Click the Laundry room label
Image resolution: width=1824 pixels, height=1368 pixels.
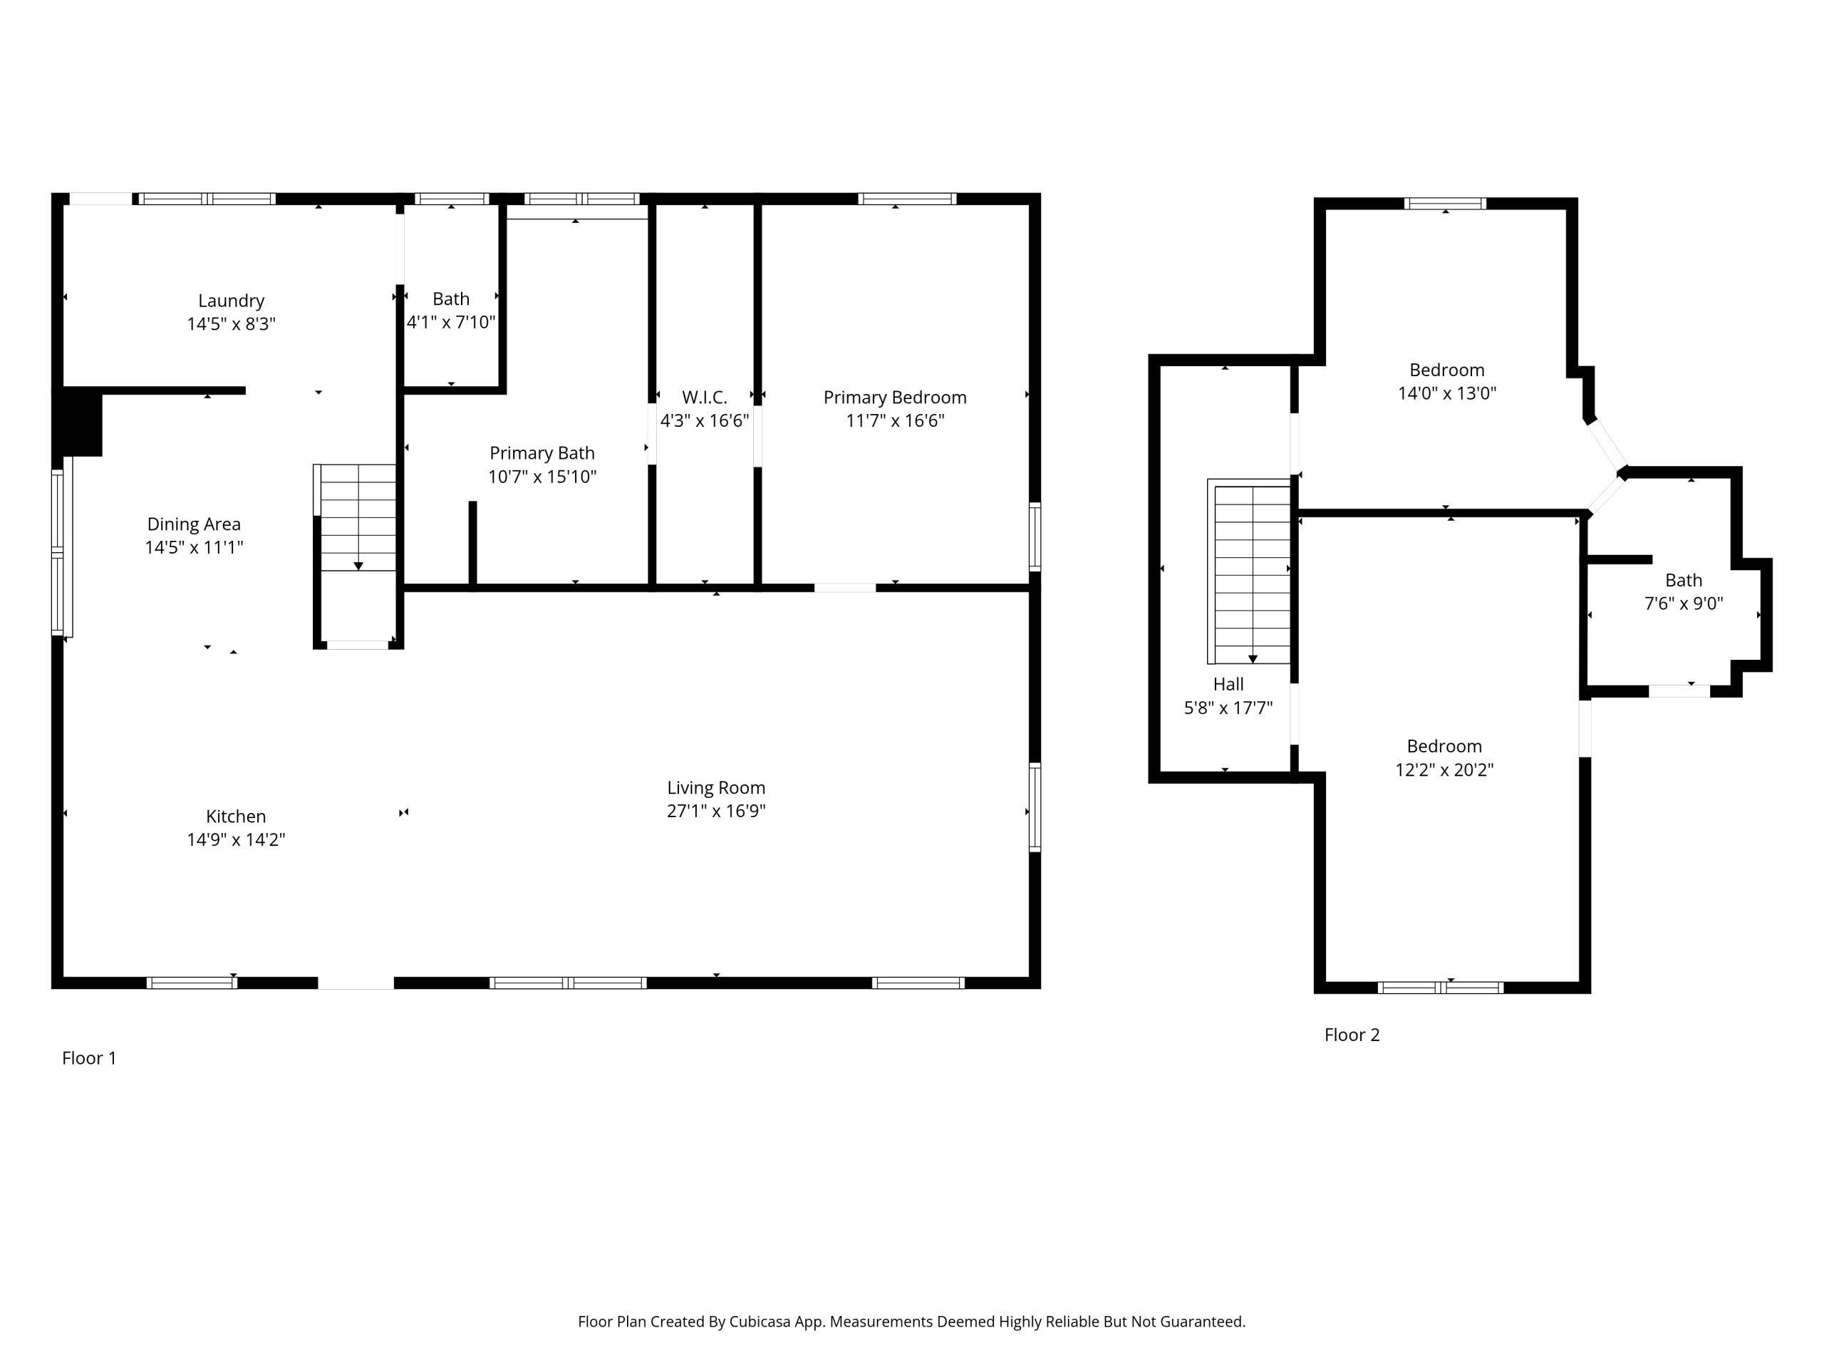231,301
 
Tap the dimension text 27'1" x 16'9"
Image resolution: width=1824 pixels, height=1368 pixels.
716,811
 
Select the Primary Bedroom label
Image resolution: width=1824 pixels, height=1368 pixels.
895,398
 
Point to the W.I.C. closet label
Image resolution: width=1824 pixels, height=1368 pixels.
704,398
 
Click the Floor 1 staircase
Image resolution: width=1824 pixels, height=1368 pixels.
358,517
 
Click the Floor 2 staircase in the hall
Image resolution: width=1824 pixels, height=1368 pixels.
1249,571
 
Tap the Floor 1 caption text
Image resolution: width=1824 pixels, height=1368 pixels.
89,1058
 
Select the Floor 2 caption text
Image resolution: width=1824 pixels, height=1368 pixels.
1352,1035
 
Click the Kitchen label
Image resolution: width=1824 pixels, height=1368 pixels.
236,817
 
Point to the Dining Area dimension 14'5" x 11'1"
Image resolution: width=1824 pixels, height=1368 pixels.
194,547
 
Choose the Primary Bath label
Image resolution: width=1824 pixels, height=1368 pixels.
541,452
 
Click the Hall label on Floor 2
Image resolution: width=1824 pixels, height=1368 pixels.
1228,685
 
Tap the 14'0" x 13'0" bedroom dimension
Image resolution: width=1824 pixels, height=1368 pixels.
1446,393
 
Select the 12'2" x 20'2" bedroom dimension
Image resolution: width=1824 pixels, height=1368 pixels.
1444,769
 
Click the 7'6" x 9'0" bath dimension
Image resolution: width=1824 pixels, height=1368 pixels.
1683,603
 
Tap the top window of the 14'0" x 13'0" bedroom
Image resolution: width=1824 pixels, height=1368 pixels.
1446,204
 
